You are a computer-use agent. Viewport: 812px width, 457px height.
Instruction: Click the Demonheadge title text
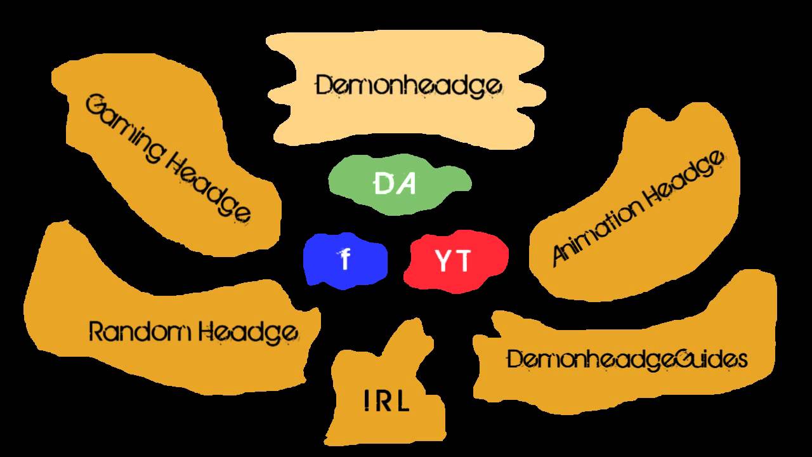[x=409, y=86]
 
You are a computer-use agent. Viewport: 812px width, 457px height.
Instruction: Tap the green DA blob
[x=400, y=183]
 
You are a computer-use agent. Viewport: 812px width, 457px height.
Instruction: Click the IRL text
[x=387, y=401]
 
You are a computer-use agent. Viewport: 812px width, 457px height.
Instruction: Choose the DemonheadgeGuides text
[x=627, y=360]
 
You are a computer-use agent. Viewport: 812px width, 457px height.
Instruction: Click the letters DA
[x=395, y=184]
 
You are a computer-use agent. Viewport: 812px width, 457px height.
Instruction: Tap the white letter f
[x=345, y=260]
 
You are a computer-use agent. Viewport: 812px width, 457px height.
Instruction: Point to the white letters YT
[x=453, y=261]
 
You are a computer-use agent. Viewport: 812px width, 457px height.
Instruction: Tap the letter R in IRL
[x=384, y=401]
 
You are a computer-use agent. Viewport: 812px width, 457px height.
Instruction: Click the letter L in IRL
[x=402, y=401]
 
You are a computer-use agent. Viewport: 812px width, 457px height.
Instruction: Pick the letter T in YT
[x=463, y=261]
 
